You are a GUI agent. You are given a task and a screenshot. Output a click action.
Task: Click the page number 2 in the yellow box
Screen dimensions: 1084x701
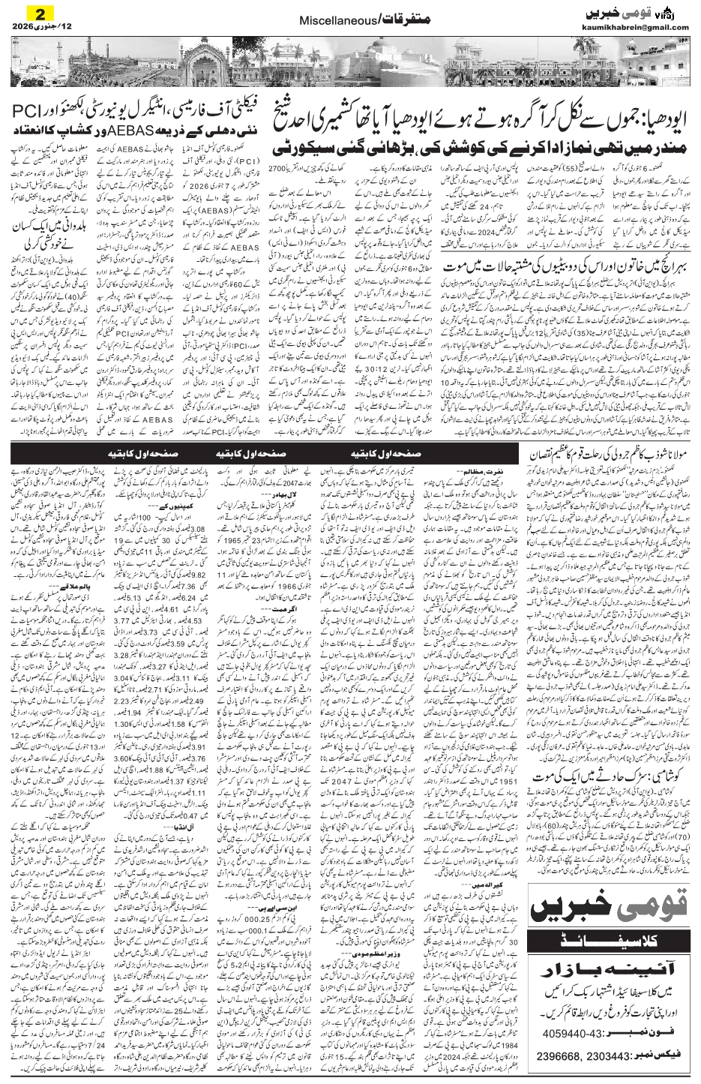coord(29,14)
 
